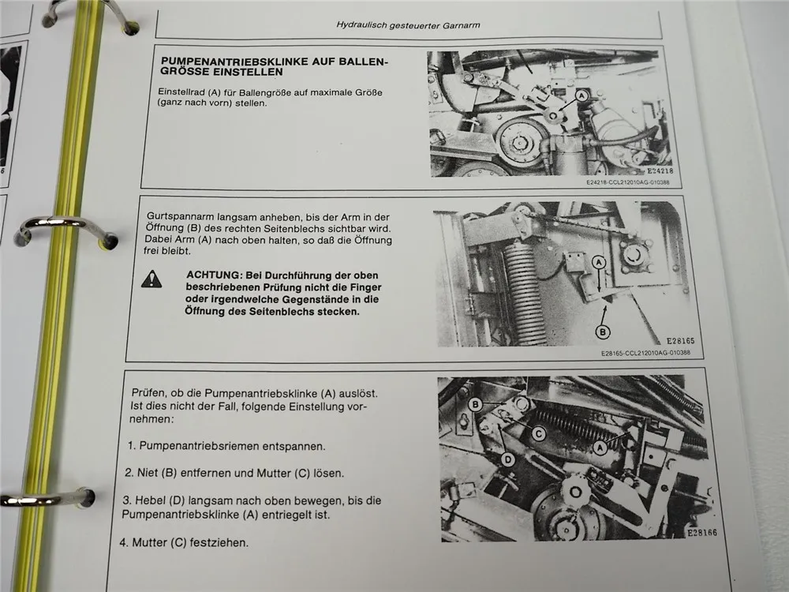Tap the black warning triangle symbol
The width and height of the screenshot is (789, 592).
[x=151, y=278]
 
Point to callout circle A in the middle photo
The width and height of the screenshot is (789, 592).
[x=598, y=261]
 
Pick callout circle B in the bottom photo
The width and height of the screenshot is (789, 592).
[x=476, y=404]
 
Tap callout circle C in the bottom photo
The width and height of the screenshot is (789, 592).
[x=537, y=432]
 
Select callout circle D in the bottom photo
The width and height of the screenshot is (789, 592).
[x=508, y=459]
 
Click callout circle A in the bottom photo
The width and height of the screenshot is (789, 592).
[x=600, y=446]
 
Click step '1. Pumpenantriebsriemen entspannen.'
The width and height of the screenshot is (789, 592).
[x=226, y=446]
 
